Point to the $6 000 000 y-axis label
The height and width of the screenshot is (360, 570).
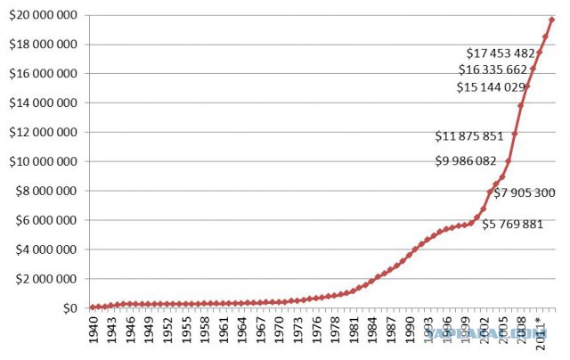coord(48,220)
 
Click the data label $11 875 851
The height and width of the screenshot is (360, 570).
coord(469,136)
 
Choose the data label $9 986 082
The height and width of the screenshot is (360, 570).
coord(466,161)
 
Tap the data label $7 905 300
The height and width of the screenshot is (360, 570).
coord(525,192)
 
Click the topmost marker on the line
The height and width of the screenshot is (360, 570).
coord(551,19)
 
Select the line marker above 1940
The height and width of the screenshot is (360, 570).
coord(94,307)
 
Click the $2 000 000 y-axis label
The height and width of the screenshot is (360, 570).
coord(48,279)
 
